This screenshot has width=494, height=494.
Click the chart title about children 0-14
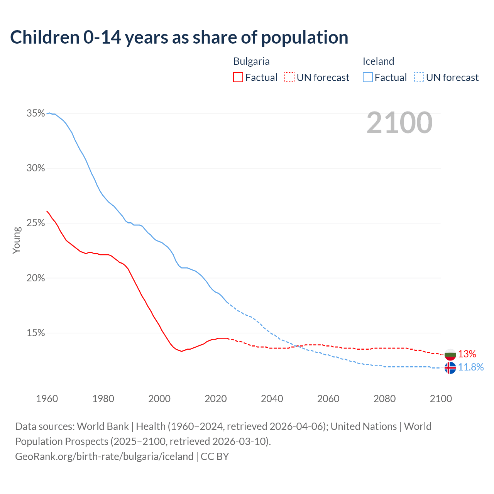pos(179,37)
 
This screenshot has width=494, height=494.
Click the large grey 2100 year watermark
pos(399,123)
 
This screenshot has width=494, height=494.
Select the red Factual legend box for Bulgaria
pos(238,78)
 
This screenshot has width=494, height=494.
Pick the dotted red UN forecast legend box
pos(289,78)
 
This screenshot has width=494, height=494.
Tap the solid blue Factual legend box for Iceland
pos(368,78)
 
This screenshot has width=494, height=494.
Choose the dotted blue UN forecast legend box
pos(419,78)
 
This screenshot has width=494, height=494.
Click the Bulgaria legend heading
pos(251,61)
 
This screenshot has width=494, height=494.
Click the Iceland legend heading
pos(378,61)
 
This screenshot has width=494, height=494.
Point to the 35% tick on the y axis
pos(36,113)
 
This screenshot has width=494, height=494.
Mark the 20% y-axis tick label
pos(36,278)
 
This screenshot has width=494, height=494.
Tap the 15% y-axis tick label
pos(36,333)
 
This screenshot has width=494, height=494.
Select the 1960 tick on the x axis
pos(47,399)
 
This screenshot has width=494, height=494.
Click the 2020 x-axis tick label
pos(215,399)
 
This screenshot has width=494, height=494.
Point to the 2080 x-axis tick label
pos(384,399)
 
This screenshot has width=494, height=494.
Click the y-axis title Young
pos(17,240)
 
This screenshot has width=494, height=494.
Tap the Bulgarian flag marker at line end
pos(450,354)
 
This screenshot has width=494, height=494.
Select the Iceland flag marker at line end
pos(450,368)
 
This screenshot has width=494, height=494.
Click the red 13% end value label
pos(467,354)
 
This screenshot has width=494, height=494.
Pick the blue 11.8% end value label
pos(471,367)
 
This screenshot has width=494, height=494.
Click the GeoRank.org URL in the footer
pos(104,457)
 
